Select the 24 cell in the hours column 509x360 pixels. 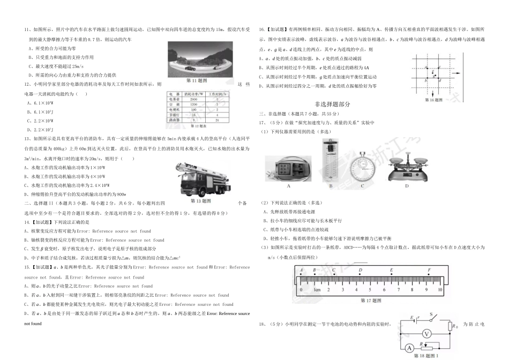[x=217, y=121]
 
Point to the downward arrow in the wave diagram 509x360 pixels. [x=438, y=79]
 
